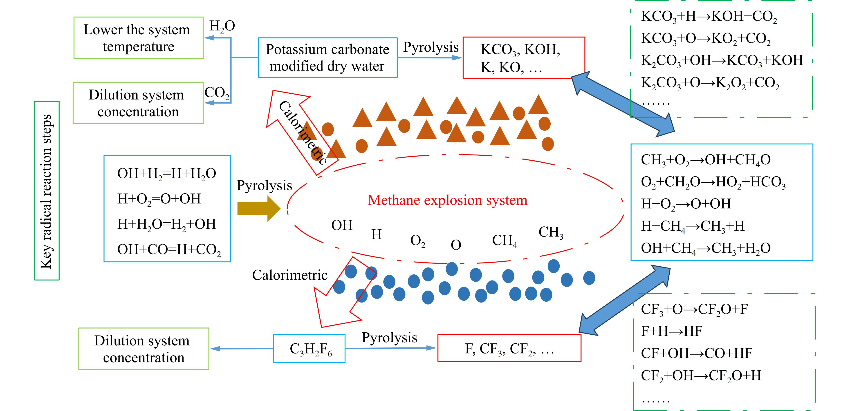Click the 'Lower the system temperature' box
(x=138, y=38)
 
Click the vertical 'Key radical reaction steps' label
(x=47, y=191)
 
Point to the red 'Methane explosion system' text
(x=447, y=200)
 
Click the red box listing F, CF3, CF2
(x=509, y=348)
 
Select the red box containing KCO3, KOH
(x=524, y=58)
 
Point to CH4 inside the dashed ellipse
(x=504, y=241)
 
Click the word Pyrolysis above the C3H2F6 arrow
(x=389, y=338)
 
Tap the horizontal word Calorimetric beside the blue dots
(x=290, y=275)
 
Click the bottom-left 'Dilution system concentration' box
(x=144, y=349)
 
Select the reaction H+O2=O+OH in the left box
(x=159, y=199)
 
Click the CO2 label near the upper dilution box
(x=217, y=93)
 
